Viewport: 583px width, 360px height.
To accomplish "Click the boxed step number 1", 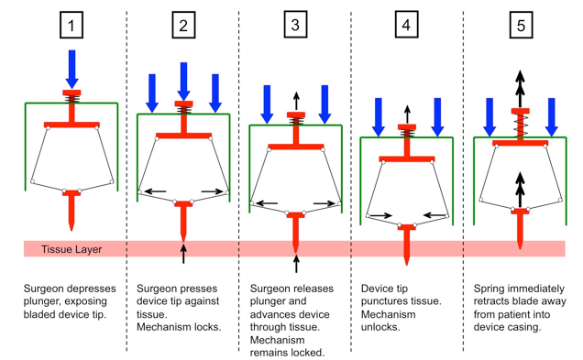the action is (x=71, y=26).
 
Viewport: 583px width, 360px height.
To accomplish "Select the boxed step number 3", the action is (x=295, y=25).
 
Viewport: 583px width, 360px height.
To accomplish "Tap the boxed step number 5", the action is (x=521, y=26).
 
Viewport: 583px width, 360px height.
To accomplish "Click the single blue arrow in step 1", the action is (x=71, y=70).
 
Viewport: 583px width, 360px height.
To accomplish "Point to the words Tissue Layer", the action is (x=71, y=249).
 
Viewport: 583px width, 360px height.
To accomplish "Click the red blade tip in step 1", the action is (x=71, y=226).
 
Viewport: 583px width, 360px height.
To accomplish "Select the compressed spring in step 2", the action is (x=183, y=110).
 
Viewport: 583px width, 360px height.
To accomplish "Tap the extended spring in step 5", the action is (x=520, y=126).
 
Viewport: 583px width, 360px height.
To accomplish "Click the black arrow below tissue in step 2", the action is (x=183, y=253).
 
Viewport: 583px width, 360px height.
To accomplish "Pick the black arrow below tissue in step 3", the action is (x=296, y=263).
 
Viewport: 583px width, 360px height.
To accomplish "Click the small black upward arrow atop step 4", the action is (x=407, y=115).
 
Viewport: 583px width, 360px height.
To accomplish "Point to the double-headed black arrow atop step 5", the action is (x=520, y=89).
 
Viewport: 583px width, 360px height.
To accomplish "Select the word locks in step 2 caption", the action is (x=208, y=327).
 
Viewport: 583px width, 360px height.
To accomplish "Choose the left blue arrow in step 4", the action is (x=379, y=117).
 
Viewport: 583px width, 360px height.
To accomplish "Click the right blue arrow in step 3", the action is (x=324, y=104).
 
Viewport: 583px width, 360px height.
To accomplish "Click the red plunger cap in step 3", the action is (x=296, y=115).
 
